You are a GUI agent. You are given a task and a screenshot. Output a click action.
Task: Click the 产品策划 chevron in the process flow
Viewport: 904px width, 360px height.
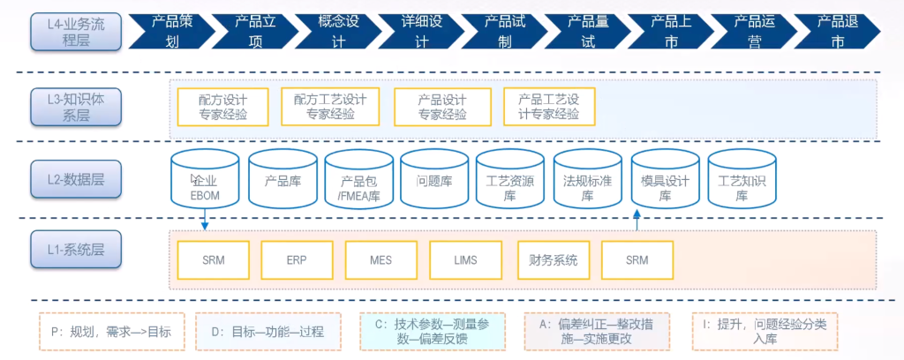[x=172, y=31]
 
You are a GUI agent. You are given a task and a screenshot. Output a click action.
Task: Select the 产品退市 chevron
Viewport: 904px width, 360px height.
[x=837, y=31]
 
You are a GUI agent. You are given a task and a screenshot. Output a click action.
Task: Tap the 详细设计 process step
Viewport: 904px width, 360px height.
[x=422, y=31]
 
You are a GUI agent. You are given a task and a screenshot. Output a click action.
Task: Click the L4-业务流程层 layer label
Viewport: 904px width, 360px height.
[x=76, y=31]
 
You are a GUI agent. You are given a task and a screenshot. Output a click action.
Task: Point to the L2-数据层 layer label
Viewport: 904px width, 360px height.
[x=76, y=179]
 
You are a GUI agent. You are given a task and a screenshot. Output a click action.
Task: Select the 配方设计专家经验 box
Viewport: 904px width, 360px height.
[x=223, y=107]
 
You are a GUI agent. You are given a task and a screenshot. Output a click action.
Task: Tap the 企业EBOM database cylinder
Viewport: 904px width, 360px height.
[x=204, y=180]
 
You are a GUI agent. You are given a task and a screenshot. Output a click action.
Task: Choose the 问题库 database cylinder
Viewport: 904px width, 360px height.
[x=433, y=180]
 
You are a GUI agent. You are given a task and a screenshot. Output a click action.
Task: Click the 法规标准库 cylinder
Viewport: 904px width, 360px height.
[x=587, y=180]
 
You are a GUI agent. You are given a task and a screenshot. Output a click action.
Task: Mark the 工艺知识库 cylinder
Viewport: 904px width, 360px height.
[x=742, y=180]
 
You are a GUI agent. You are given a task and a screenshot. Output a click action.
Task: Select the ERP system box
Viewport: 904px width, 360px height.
[x=297, y=259]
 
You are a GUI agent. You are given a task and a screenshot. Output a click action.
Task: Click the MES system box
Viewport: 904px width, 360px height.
[x=380, y=259]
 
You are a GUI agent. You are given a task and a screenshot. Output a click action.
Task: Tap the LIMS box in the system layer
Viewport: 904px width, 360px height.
[x=465, y=259]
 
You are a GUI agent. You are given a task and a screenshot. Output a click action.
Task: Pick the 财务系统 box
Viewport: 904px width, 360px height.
[x=553, y=259]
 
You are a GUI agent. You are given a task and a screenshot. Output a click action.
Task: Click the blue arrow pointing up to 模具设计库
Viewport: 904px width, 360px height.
[x=637, y=221]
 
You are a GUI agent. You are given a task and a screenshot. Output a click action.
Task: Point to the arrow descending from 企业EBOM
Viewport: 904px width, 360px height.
[x=204, y=220]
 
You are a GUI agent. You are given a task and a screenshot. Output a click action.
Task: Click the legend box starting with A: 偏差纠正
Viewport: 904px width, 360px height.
[x=597, y=332]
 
